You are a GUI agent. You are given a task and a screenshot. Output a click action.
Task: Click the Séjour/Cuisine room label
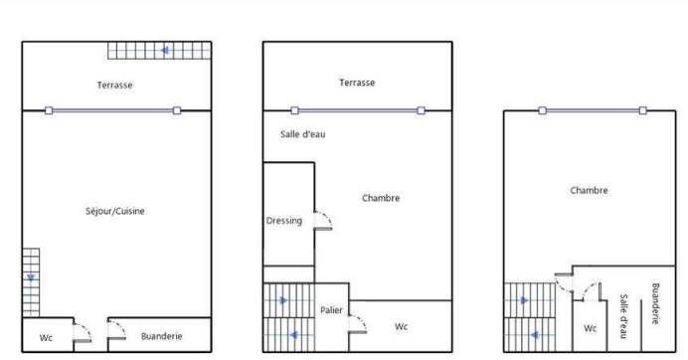point(115,211)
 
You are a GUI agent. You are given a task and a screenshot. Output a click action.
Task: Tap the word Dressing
point(284,221)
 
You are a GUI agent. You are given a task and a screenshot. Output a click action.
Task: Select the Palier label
point(331,310)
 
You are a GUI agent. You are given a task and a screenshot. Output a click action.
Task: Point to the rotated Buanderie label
point(655,303)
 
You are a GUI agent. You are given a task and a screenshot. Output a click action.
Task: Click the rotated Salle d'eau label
point(623,316)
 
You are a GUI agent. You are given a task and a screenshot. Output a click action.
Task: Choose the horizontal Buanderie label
point(161,336)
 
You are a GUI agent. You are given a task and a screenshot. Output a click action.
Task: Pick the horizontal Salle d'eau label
point(303,134)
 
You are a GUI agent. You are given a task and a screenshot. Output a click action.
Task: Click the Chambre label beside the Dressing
point(381,198)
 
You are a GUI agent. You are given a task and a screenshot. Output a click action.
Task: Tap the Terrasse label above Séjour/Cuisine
point(114,85)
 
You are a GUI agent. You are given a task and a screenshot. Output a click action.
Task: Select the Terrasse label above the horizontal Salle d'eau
point(357,83)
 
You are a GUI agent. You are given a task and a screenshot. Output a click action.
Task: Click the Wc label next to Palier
point(401,326)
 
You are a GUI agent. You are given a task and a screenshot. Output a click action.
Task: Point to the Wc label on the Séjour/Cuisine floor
point(46,337)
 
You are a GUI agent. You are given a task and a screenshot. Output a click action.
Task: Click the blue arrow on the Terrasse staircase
point(165,51)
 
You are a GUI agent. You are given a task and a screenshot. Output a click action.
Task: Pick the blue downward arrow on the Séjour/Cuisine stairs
point(31,277)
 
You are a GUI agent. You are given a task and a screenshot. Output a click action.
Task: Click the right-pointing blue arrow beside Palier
point(283,300)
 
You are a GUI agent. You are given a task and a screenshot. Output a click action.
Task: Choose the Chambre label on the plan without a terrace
point(589,191)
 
